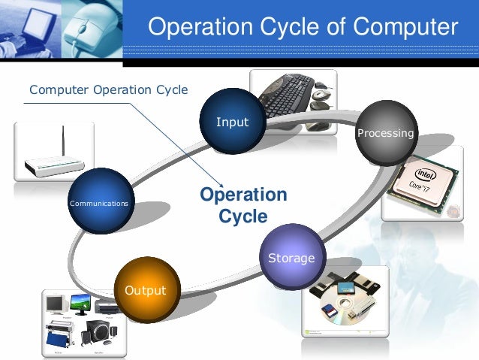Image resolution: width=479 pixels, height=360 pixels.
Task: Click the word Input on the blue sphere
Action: click(x=232, y=122)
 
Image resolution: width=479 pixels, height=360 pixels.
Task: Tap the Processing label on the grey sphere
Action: click(x=385, y=133)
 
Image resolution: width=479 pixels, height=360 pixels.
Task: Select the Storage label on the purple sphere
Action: click(x=291, y=258)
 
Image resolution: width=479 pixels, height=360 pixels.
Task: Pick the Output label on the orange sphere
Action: click(x=145, y=290)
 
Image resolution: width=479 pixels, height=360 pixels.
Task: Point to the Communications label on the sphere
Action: click(x=98, y=204)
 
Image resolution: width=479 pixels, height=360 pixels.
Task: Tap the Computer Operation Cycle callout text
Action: click(x=108, y=91)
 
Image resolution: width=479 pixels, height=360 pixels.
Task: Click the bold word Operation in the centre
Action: click(x=243, y=195)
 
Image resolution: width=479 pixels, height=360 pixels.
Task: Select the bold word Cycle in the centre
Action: click(x=243, y=217)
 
